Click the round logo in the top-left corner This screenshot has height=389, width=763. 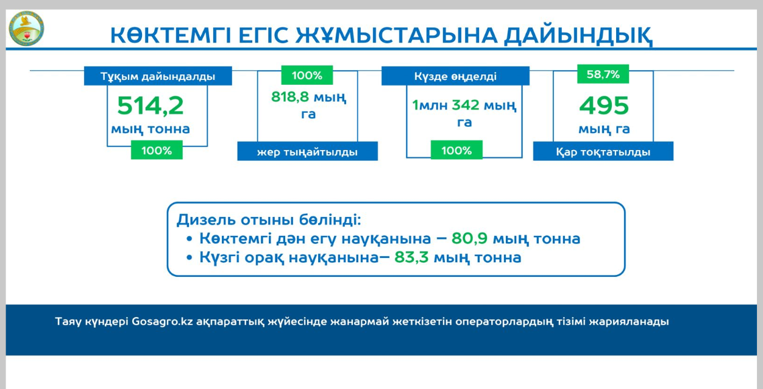[x=26, y=27]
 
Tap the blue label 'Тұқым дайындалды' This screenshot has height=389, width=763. [x=158, y=77]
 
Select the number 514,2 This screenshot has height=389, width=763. [x=151, y=105]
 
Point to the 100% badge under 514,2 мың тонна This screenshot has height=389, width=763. [x=157, y=151]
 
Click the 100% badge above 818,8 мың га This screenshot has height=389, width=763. [x=307, y=76]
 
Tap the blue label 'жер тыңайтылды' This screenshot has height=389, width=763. [x=307, y=152]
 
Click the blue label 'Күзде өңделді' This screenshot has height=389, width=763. [x=455, y=77]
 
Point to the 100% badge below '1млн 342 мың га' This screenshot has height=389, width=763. [x=456, y=151]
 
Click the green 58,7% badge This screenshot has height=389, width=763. [x=603, y=75]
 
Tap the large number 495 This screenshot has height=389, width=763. [x=603, y=106]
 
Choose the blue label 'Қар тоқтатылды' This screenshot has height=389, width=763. [x=603, y=152]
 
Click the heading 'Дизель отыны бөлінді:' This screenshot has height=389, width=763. [x=269, y=220]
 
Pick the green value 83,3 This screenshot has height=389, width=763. [x=412, y=257]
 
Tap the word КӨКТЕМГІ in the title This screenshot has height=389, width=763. [x=169, y=35]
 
